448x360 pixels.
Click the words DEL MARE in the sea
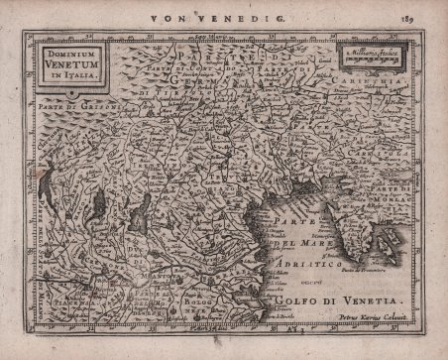point(302,245)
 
